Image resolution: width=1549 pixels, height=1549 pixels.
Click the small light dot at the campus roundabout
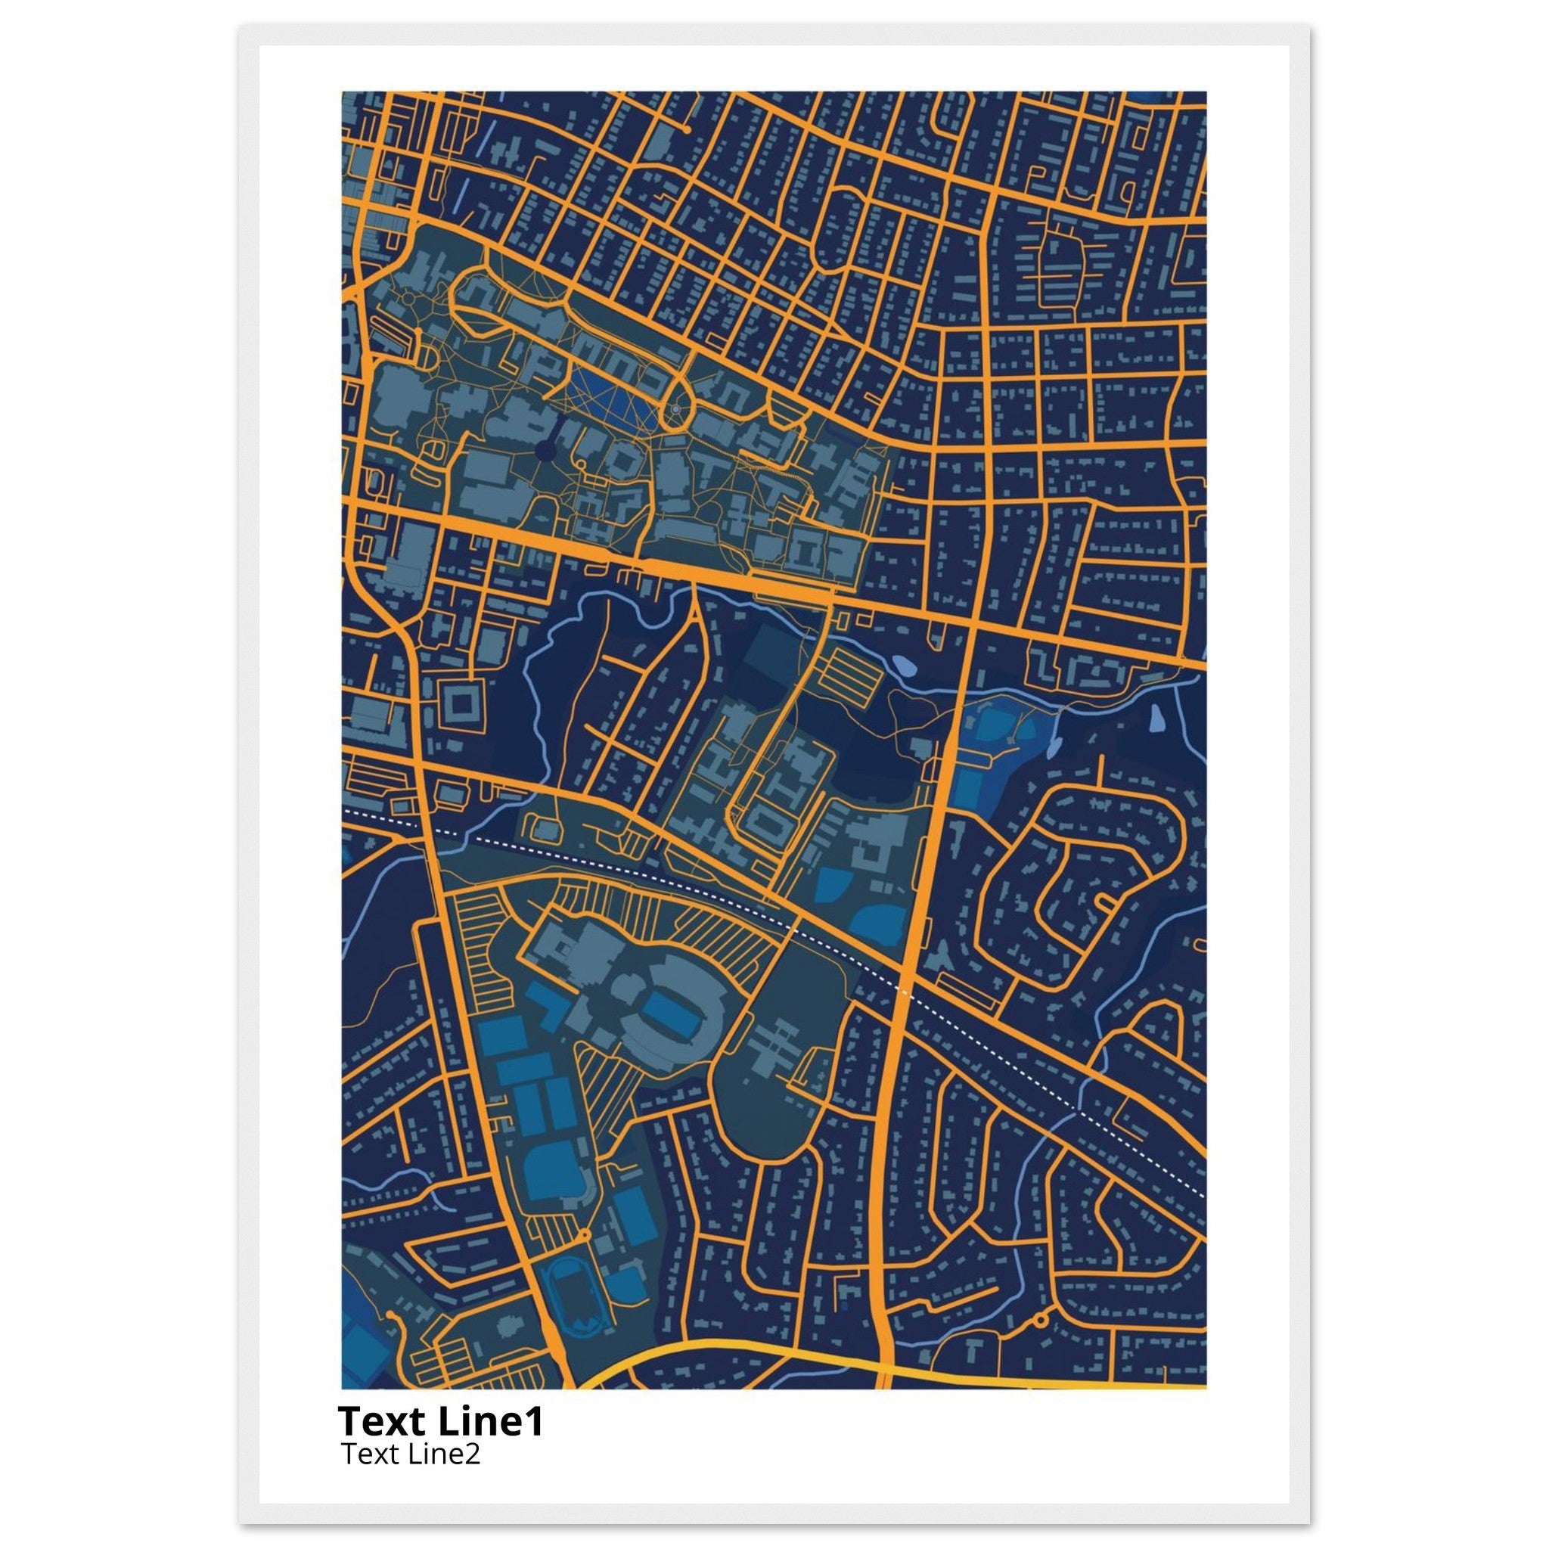tap(676, 410)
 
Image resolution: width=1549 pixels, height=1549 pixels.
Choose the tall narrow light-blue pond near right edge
tap(1158, 719)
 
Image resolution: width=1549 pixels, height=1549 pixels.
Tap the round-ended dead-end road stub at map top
tap(687, 129)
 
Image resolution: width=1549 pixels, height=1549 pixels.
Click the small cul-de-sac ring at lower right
tap(1041, 1318)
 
